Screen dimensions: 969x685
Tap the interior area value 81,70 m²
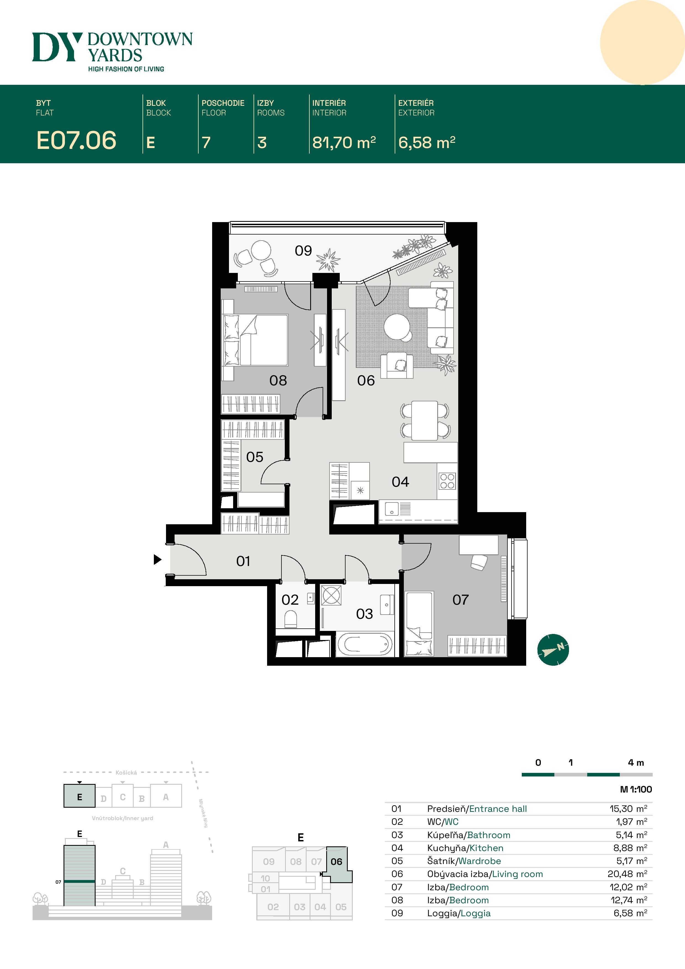coord(344,143)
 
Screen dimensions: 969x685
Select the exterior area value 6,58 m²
coord(426,143)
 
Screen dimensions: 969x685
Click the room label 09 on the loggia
coord(303,251)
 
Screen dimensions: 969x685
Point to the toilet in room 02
coord(290,620)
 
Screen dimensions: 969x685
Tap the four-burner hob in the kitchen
coord(447,481)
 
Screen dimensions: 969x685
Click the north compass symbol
coord(553,650)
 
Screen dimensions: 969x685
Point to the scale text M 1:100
coord(636,789)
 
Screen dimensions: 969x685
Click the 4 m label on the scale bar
coord(636,763)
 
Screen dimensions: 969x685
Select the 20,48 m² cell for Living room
coord(627,874)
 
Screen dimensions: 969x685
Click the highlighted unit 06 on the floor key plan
coord(337,862)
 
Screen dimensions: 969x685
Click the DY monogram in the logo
coord(57,47)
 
